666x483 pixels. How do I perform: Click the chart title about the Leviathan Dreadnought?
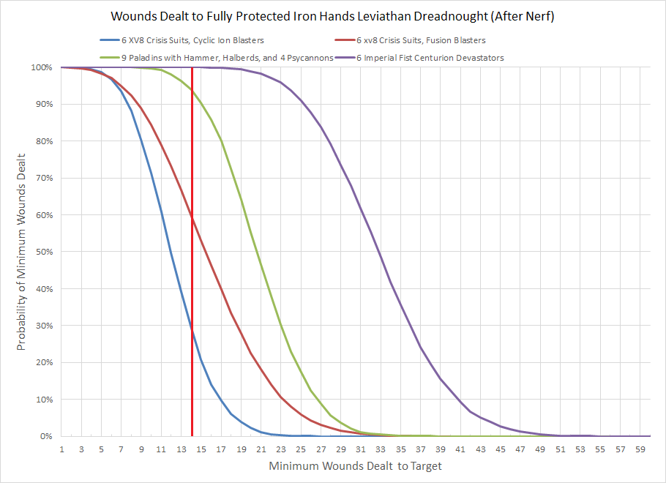332,15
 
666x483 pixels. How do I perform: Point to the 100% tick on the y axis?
40,67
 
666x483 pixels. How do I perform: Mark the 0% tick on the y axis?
45,436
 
